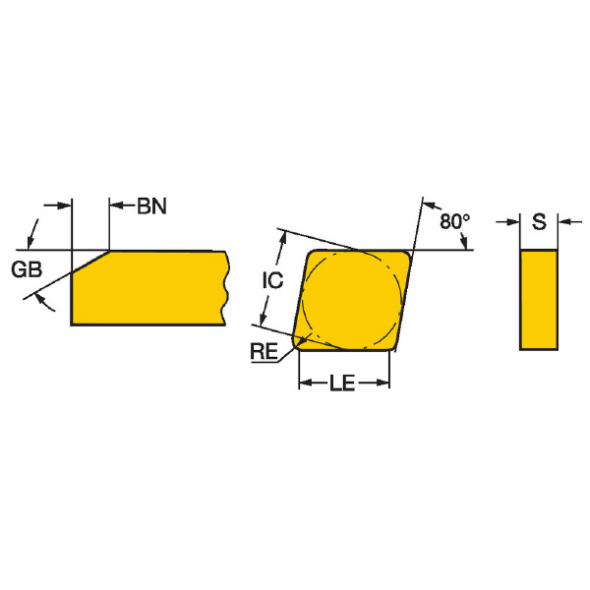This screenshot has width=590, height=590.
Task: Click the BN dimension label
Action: click(x=151, y=206)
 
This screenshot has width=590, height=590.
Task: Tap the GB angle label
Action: click(x=27, y=269)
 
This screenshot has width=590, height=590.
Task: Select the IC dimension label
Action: click(x=272, y=280)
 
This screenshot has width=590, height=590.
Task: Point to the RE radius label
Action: click(x=265, y=351)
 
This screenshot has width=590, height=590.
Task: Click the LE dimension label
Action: click(x=342, y=383)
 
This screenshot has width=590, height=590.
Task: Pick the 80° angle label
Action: click(x=455, y=221)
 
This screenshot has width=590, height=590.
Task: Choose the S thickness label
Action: click(x=539, y=221)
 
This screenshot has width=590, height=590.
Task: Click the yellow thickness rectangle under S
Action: click(x=539, y=300)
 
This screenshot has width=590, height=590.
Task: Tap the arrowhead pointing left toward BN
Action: click(x=116, y=206)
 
